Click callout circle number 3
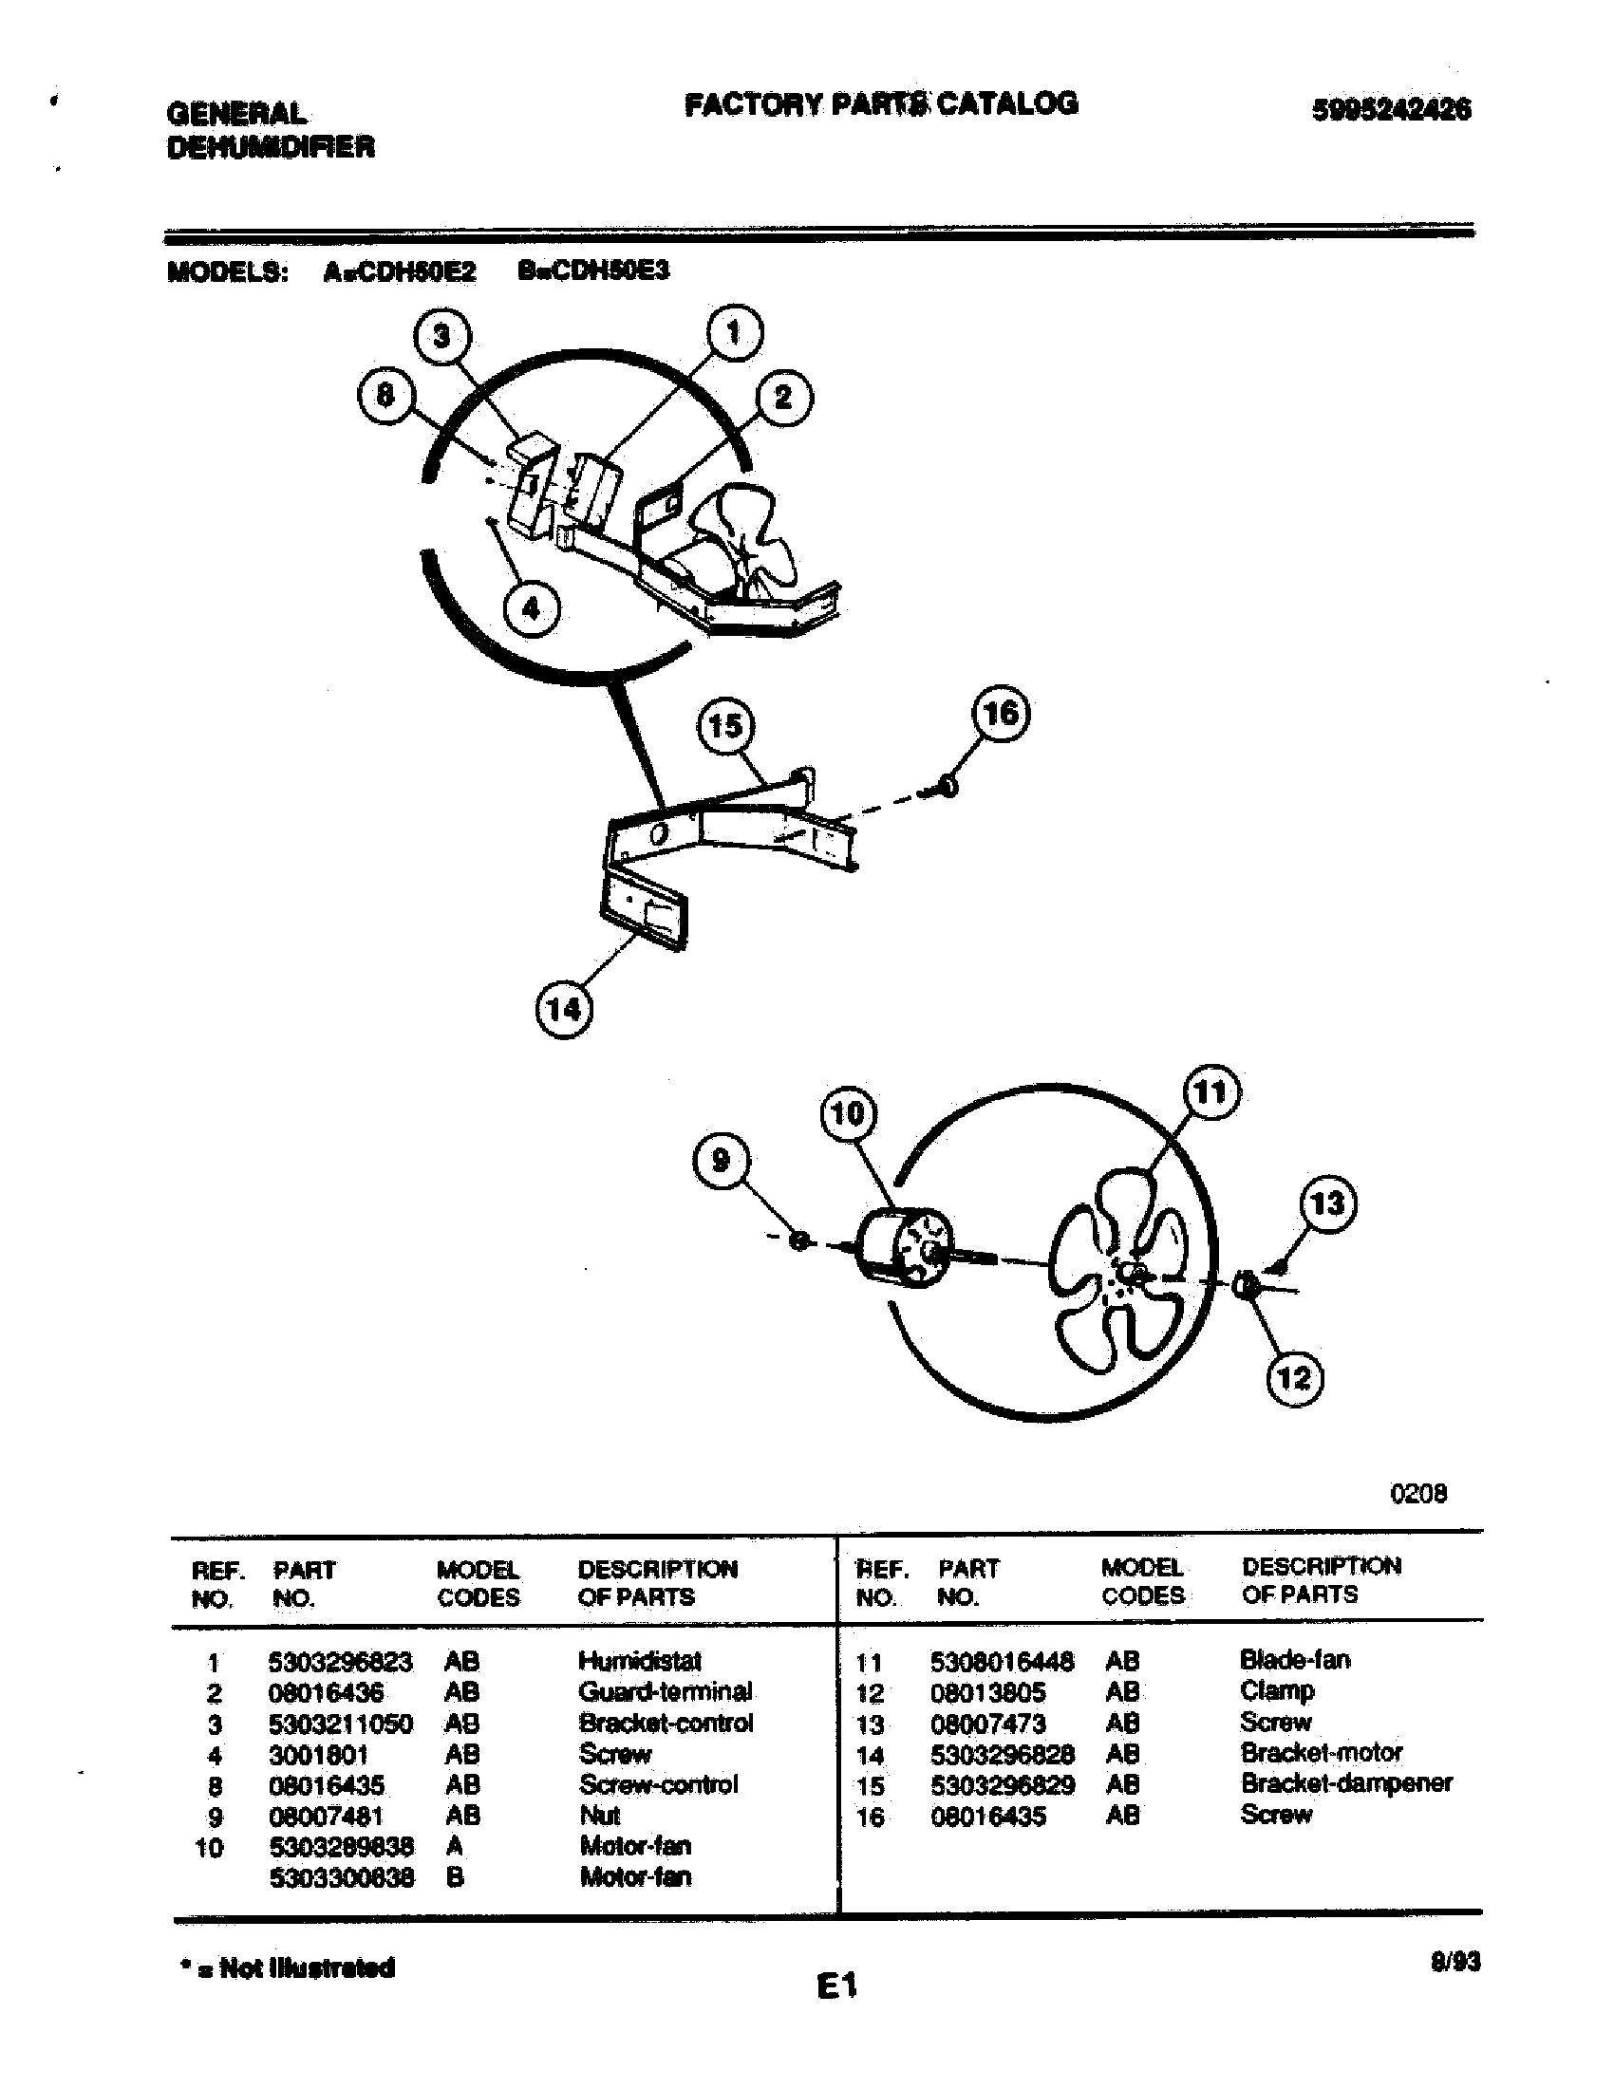pos(441,337)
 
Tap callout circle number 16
pos(1000,714)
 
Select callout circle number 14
pos(563,1010)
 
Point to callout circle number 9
pos(720,1161)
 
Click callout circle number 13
pos(1328,1202)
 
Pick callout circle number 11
pos(1211,1091)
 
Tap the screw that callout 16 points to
pos(946,787)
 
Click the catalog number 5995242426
pos(1391,110)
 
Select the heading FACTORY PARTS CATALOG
pos(881,103)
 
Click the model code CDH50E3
pos(593,270)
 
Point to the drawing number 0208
pos(1418,1493)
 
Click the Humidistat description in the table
pos(640,1661)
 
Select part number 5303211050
pos(341,1724)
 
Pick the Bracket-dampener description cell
pos(1345,1783)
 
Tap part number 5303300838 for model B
pos(342,1877)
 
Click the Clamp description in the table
pos(1276,1690)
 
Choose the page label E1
pos(836,1986)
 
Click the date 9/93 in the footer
pos(1454,1963)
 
